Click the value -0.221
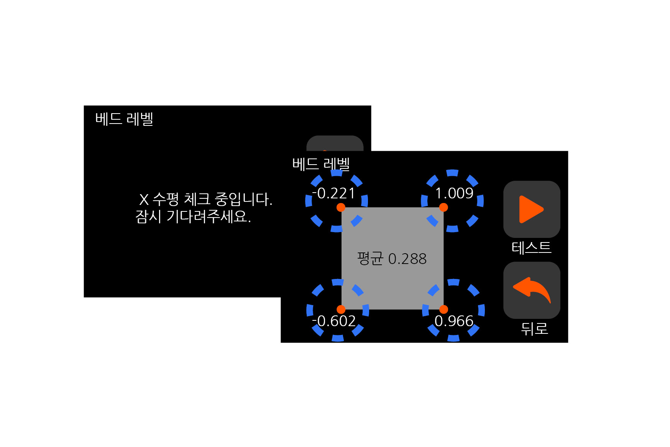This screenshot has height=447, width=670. click(334, 193)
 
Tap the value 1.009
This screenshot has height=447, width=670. click(454, 193)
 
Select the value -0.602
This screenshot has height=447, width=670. click(334, 321)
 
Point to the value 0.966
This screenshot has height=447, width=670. click(454, 321)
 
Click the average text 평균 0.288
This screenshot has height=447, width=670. click(392, 259)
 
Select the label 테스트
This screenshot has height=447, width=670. click(531, 247)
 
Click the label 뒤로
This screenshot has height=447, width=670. click(534, 329)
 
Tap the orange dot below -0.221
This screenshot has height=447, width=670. click(341, 208)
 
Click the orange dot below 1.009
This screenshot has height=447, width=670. click(443, 208)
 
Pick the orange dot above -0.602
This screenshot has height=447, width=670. click(341, 309)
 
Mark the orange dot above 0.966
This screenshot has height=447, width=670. click(443, 309)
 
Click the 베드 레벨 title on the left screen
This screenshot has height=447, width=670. click(124, 119)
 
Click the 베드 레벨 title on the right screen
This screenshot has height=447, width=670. click(321, 164)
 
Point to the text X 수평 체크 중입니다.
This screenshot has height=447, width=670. click(205, 199)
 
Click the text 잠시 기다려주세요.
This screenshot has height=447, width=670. click(193, 217)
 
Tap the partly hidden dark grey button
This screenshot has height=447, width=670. click(335, 144)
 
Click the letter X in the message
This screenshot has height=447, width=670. click(144, 200)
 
